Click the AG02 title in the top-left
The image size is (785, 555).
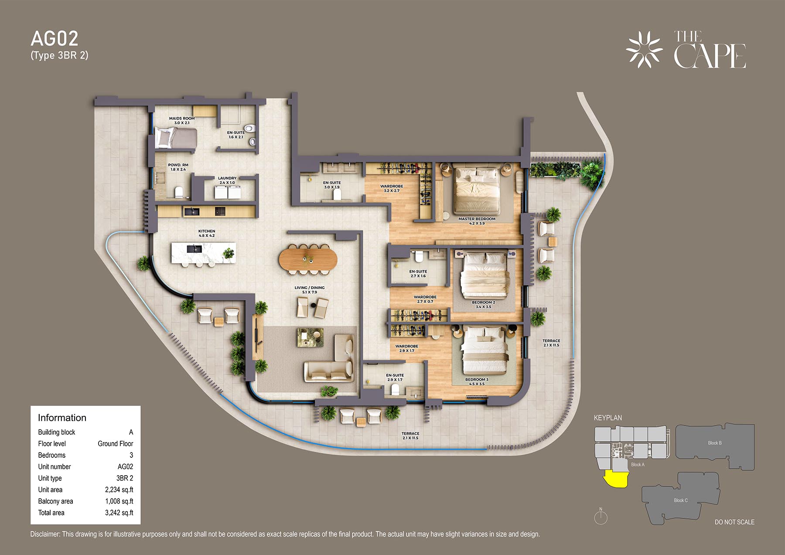pos(55,39)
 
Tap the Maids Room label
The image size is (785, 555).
pos(182,120)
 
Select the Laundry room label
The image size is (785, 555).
pos(227,180)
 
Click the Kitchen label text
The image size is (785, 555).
pos(207,233)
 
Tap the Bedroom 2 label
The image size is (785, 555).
pos(484,304)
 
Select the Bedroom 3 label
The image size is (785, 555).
pos(477,381)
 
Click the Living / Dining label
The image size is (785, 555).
pos(309,290)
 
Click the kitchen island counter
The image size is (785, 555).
pos(204,253)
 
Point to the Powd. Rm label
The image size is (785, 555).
pos(178,167)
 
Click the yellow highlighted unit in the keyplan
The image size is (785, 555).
pos(615,480)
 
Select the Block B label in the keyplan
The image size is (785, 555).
pos(715,443)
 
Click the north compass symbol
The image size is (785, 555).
pos(601,517)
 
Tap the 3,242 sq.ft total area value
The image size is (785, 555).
pos(119,513)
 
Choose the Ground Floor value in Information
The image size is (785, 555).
pos(116,443)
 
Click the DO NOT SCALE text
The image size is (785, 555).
pos(734,522)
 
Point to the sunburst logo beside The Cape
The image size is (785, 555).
pos(644,50)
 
